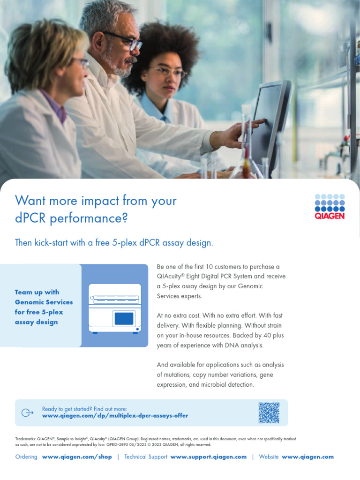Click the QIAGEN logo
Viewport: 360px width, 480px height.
point(329,206)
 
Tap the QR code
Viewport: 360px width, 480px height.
point(269,412)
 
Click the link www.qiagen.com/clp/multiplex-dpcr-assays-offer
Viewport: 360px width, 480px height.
point(115,416)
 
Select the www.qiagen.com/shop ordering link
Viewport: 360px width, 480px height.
point(77,457)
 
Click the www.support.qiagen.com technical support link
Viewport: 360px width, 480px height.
point(208,457)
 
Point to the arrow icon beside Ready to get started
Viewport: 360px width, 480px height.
point(28,412)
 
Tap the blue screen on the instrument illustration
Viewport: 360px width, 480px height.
point(124,319)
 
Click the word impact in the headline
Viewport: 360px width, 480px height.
point(100,201)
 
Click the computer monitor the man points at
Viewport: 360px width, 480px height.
point(270,122)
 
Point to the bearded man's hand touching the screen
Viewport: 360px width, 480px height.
point(239,134)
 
